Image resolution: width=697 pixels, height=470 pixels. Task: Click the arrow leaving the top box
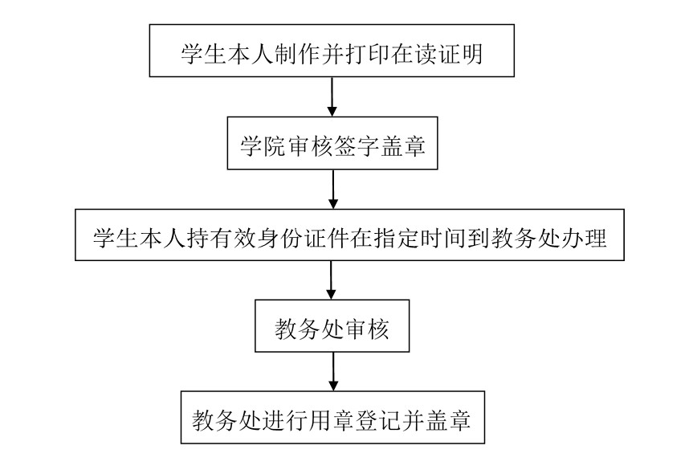[332, 97]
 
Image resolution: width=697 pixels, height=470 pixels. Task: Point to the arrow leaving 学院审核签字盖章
[333, 190]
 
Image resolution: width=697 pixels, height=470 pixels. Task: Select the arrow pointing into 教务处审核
[331, 280]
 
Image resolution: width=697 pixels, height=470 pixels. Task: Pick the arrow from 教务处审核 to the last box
[333, 372]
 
